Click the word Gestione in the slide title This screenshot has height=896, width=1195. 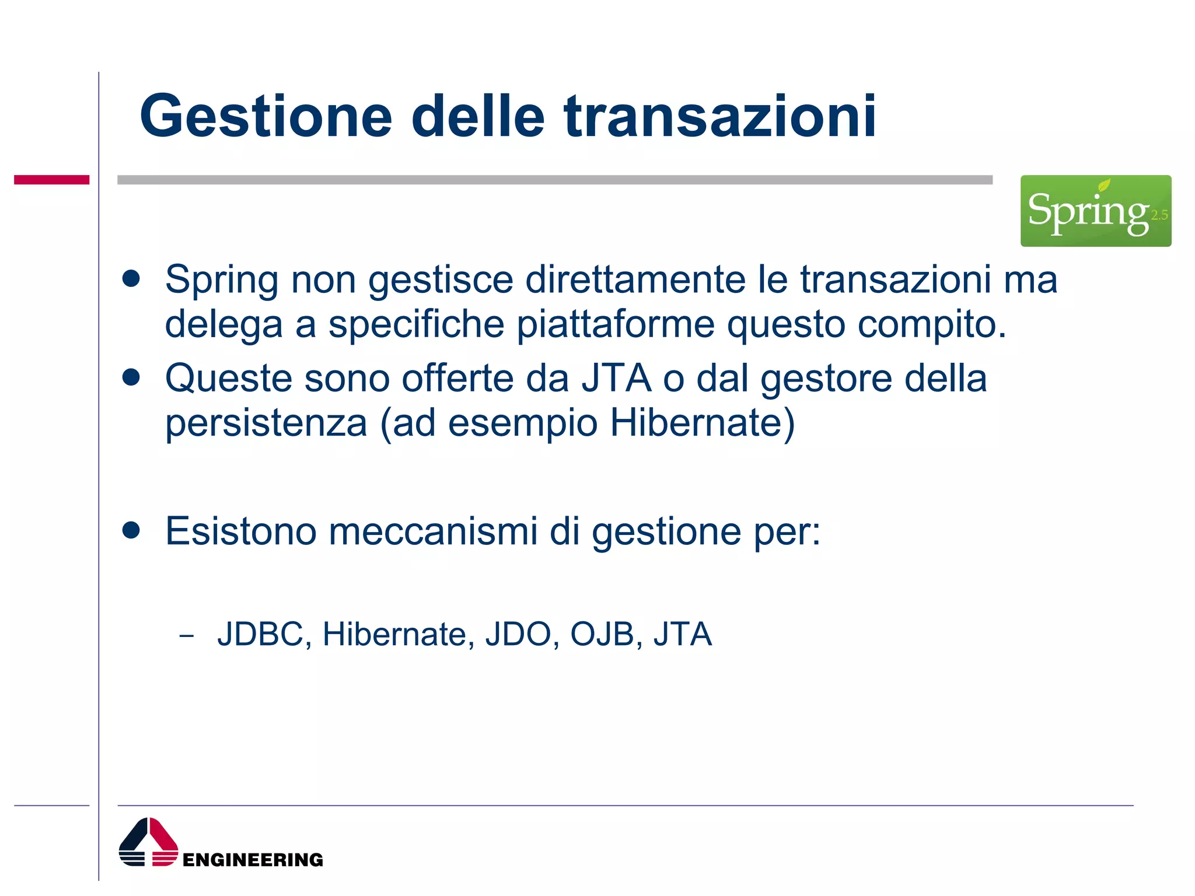(266, 117)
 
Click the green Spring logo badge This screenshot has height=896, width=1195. (1095, 211)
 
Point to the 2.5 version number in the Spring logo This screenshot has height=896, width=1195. (1159, 215)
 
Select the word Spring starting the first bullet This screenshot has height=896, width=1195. (221, 280)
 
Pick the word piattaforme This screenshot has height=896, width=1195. (615, 324)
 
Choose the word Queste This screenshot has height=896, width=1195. (228, 379)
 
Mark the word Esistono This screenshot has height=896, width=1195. (240, 531)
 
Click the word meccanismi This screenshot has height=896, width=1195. (433, 531)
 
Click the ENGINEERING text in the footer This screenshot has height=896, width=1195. (253, 860)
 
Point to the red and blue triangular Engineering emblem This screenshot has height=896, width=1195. (148, 842)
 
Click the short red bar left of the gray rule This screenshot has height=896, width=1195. (51, 180)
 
